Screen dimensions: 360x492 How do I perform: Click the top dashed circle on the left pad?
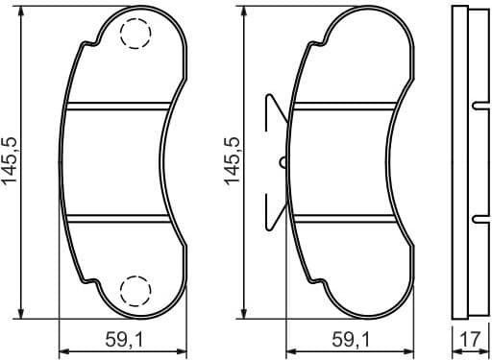tap(135, 36)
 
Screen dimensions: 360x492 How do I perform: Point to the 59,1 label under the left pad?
tap(123, 340)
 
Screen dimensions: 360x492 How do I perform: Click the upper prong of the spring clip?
tap(272, 108)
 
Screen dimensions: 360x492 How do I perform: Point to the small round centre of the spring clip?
tap(283, 161)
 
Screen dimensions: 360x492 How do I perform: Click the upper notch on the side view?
tap(478, 104)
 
